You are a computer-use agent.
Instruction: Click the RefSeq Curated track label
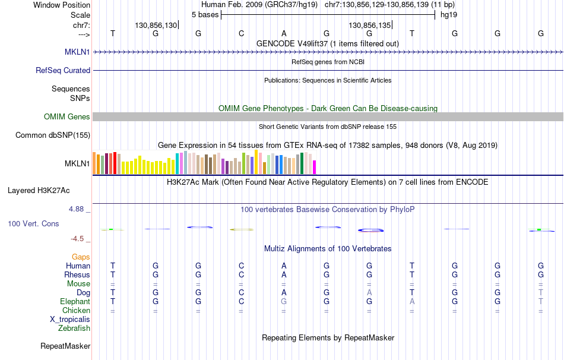pyautogui.click(x=63, y=70)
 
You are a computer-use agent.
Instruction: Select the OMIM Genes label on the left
pyautogui.click(x=67, y=117)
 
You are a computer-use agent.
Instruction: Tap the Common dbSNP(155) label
pyautogui.click(x=53, y=135)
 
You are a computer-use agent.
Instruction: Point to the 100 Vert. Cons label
pyautogui.click(x=33, y=224)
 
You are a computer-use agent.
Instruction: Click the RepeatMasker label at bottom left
pyautogui.click(x=65, y=346)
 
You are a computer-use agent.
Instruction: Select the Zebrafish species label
pyautogui.click(x=74, y=328)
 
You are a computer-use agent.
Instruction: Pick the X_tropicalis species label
pyautogui.click(x=70, y=319)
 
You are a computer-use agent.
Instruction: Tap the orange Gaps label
pyautogui.click(x=81, y=257)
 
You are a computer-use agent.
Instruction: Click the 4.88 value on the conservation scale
pyautogui.click(x=78, y=209)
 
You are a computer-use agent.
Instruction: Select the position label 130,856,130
pyautogui.click(x=156, y=26)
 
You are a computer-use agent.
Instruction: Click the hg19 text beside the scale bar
pyautogui.click(x=448, y=14)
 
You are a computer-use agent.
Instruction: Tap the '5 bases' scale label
pyautogui.click(x=205, y=14)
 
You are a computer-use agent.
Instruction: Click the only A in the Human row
pyautogui.click(x=284, y=266)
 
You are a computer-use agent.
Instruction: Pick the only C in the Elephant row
pyautogui.click(x=241, y=301)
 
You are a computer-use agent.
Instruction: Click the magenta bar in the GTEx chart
pyautogui.click(x=314, y=167)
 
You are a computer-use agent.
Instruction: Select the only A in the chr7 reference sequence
pyautogui.click(x=284, y=33)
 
